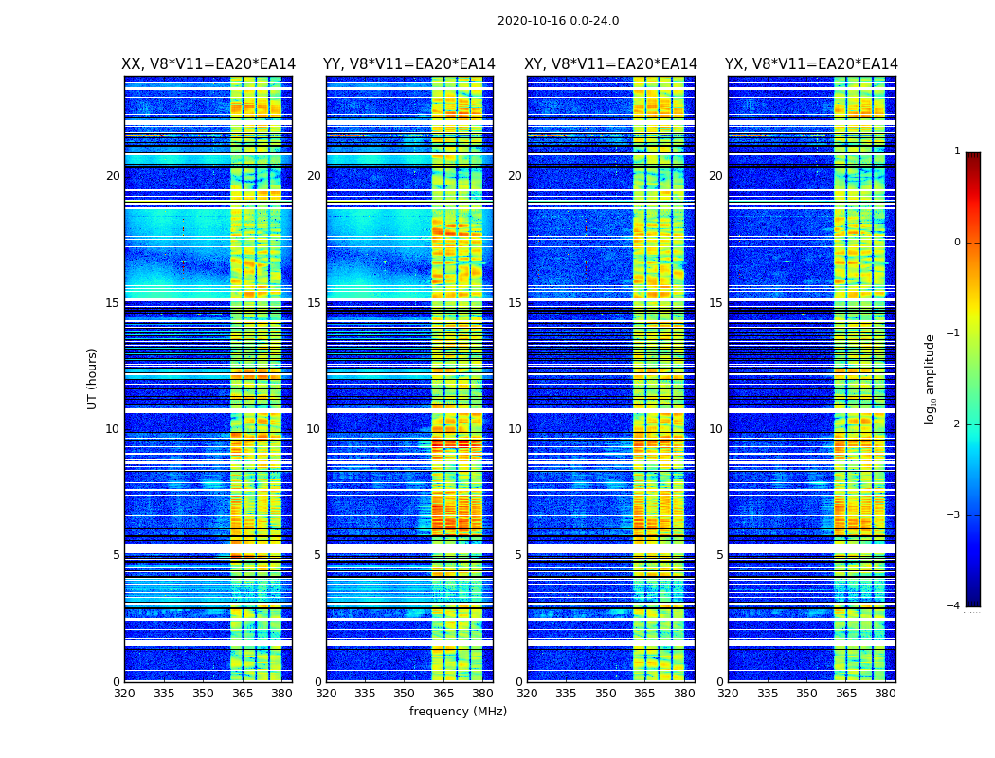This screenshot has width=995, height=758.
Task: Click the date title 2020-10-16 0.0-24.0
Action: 558,21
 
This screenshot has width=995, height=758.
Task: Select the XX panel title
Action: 208,64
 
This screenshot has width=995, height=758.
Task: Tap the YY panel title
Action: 409,64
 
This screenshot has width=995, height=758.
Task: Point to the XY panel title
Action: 610,64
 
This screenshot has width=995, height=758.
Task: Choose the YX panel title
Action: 811,64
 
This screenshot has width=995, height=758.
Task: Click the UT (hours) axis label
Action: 93,378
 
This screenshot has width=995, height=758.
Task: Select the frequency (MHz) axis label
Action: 458,712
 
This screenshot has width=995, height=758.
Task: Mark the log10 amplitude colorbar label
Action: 931,378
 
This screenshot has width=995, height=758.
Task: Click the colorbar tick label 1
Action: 956,152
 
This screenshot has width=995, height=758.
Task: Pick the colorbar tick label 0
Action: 956,243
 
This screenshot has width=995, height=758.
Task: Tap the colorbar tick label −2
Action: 954,424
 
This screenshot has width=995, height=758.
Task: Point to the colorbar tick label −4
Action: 954,606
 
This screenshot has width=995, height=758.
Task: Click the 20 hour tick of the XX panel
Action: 113,176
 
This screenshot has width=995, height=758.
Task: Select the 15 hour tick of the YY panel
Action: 314,303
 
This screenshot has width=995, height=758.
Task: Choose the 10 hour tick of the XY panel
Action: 515,429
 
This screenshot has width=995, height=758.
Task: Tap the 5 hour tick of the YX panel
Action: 720,555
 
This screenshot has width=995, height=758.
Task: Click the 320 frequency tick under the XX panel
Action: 125,694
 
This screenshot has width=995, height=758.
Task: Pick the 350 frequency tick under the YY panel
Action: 405,694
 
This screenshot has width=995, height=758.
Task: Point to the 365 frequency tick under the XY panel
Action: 644,694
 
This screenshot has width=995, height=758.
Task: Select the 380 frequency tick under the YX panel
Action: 885,694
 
